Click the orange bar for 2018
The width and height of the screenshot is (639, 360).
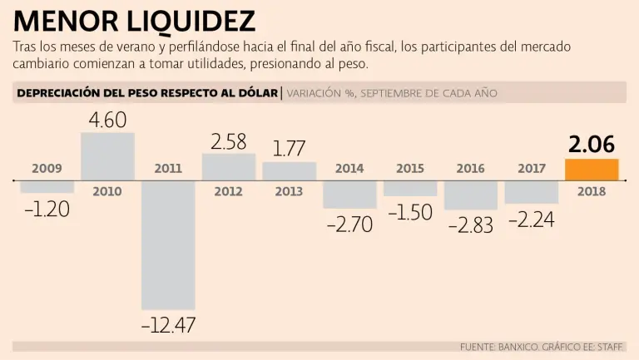[592, 170]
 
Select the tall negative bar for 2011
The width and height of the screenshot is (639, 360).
[168, 245]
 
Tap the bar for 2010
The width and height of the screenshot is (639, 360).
[107, 156]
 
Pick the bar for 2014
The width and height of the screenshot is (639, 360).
[349, 194]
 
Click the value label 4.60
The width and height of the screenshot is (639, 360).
[107, 121]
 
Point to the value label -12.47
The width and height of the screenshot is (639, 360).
[168, 325]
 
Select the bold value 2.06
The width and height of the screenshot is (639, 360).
[592, 145]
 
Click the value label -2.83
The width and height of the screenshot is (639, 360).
[470, 224]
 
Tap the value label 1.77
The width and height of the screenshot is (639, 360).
[289, 150]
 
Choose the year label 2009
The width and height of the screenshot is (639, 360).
[47, 169]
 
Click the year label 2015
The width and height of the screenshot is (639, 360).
[410, 169]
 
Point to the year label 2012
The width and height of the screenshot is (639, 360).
[228, 191]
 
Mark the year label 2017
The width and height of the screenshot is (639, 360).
[532, 169]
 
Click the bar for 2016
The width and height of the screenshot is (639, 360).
[470, 195]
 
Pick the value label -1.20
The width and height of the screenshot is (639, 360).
[47, 209]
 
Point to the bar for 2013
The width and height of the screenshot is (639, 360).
[289, 171]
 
